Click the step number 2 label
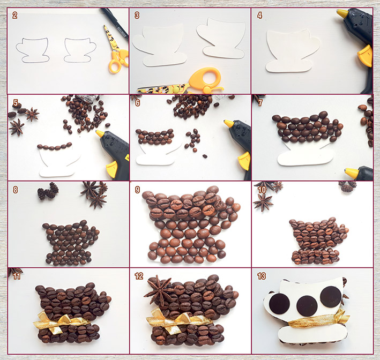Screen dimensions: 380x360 (x=15, y=15)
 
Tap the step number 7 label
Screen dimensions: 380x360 (x=260, y=103)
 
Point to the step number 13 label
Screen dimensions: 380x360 (x=262, y=276)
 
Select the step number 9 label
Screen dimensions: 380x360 (x=137, y=190)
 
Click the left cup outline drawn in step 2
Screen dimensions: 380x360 (x=33, y=50)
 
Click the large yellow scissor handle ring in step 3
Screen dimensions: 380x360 (x=205, y=78)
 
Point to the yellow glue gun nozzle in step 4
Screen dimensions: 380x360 (x=342, y=13)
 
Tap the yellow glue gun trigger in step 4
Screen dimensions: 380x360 (x=365, y=56)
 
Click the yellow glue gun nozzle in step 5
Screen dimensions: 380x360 (x=100, y=133)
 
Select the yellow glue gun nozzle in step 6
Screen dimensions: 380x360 (x=228, y=123)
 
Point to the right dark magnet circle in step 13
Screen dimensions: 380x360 (x=331, y=297)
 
